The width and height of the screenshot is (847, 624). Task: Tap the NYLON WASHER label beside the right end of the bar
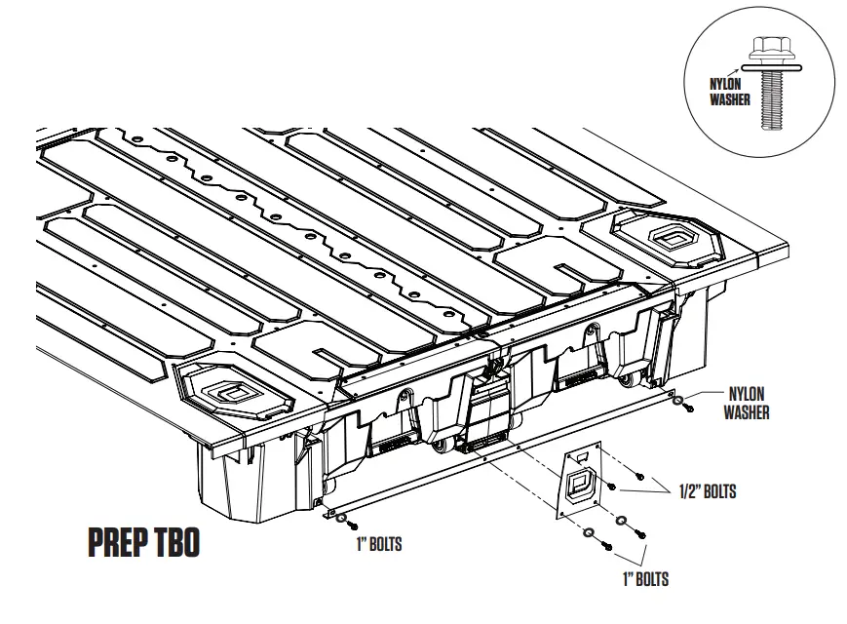pos(746,402)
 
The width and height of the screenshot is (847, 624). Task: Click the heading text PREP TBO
pos(143,544)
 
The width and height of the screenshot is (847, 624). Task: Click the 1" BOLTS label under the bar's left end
pos(378,544)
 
